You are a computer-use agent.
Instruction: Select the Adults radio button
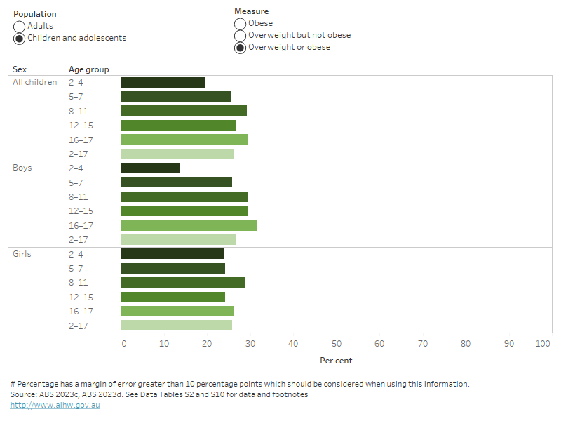point(20,27)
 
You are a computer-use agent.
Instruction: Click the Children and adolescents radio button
point(20,39)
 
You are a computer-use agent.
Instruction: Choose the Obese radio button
point(241,24)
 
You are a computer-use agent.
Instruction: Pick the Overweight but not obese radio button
point(241,36)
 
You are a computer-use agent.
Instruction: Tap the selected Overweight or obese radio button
point(241,48)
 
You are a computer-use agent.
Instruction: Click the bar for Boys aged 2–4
point(150,168)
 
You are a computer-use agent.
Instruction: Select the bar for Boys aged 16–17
point(189,225)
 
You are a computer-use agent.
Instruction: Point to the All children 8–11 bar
point(184,111)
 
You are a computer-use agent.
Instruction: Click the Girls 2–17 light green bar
point(176,326)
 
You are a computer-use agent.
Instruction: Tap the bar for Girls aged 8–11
point(182,282)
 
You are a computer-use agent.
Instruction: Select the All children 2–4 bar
point(163,82)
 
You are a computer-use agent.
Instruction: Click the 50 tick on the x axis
point(337,344)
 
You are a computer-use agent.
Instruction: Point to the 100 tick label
point(543,344)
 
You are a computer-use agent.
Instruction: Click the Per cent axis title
point(336,361)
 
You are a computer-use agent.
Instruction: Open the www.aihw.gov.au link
point(55,406)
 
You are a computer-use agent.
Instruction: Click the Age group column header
point(88,69)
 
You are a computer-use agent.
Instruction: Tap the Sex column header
point(20,69)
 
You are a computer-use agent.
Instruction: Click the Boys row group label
point(22,168)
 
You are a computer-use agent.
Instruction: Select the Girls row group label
point(22,254)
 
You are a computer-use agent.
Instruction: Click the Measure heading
point(251,12)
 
